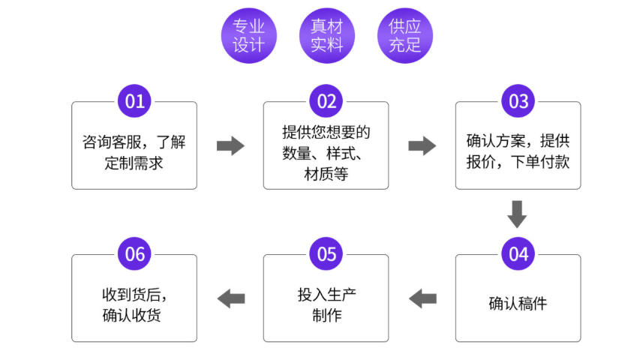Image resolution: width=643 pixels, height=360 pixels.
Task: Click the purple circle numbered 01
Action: tap(134, 101)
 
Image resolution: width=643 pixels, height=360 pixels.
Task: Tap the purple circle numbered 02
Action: tap(326, 101)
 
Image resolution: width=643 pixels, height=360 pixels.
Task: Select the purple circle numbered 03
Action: tap(518, 101)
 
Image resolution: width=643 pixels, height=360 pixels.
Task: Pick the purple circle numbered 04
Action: tap(518, 254)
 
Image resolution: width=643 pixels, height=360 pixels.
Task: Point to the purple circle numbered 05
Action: tap(326, 254)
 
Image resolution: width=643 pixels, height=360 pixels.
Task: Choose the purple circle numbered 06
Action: tap(134, 254)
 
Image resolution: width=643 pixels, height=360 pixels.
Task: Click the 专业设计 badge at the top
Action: tap(249, 36)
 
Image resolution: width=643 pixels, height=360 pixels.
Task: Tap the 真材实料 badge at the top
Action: tap(326, 36)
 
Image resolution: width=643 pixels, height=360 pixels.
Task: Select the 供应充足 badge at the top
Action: tap(404, 36)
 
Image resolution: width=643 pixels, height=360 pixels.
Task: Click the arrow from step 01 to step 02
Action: tap(230, 145)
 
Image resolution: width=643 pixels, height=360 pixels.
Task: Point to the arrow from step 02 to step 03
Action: tap(422, 145)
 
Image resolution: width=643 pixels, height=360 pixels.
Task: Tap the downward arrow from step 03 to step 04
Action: tap(517, 214)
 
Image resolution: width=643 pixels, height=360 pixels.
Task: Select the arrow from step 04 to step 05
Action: tap(422, 298)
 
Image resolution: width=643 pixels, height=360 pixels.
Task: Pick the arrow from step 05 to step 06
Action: tap(230, 298)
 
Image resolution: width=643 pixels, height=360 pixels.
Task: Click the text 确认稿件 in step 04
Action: tap(518, 304)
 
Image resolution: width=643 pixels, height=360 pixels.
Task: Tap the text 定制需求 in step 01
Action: tap(134, 163)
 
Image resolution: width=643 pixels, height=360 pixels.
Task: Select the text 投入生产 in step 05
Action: tap(326, 293)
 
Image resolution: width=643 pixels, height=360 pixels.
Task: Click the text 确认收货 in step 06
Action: tap(131, 315)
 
